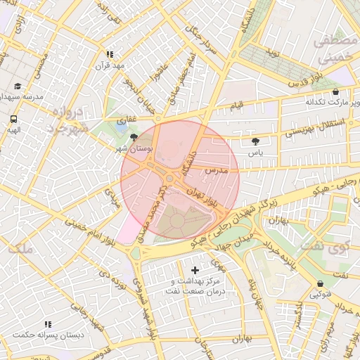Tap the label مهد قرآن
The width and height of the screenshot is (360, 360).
point(110,66)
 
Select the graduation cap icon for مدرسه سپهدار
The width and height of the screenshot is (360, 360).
point(18,86)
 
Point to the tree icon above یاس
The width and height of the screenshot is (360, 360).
point(255,141)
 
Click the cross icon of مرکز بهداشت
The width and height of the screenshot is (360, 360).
point(195,270)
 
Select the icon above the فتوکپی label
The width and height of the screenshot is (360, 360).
point(320,283)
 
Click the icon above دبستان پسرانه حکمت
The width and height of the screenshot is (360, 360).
point(48,324)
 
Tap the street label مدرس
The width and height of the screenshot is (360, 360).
point(217,171)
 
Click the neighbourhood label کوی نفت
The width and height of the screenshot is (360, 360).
point(324,247)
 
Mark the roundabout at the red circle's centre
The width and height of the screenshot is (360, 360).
point(170,179)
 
